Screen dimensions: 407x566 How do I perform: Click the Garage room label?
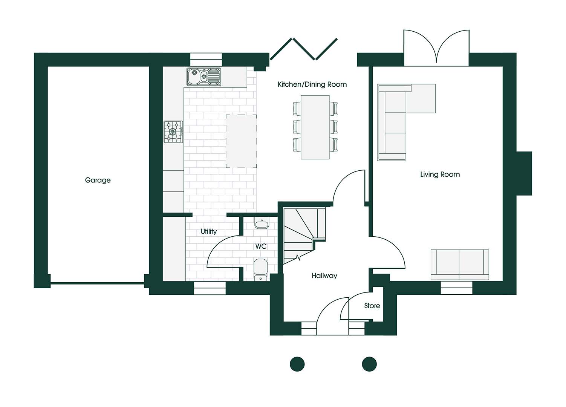coord(98,180)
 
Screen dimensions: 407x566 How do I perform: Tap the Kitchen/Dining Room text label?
coord(312,84)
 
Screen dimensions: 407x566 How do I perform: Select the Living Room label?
coord(440,174)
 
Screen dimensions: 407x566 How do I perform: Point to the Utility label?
coord(208,231)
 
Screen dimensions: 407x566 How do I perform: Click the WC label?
coord(261,246)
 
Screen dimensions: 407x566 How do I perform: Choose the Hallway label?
coord(324,276)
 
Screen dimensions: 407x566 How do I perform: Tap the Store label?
coord(372,306)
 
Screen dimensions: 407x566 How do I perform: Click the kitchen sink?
coord(204,77)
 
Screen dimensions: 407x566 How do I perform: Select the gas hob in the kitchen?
coord(173,132)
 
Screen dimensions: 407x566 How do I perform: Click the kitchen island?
coord(241,141)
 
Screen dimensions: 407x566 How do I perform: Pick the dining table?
coord(315,127)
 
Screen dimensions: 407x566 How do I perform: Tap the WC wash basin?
coord(262,224)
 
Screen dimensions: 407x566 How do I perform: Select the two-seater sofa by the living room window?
coord(460,264)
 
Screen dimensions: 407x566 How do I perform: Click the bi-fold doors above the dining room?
coord(304,49)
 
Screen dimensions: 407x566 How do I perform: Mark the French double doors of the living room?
coord(436,47)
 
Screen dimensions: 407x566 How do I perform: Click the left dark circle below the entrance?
coord(297,364)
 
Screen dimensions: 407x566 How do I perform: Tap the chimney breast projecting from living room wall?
coord(524,173)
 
